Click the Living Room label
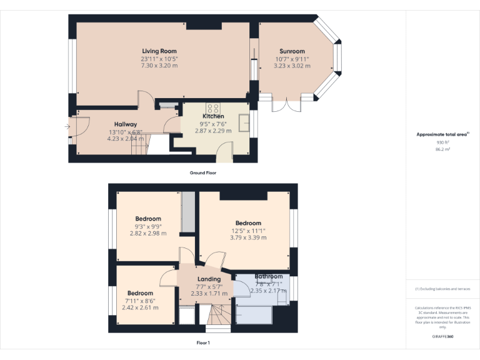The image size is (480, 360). tap(159, 51)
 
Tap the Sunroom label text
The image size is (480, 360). tap(292, 51)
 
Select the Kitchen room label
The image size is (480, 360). tap(212, 116)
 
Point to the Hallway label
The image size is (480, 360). tap(125, 124)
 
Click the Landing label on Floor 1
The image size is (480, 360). tap(209, 279)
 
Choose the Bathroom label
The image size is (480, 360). tap(268, 276)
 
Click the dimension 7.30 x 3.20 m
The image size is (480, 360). tap(159, 66)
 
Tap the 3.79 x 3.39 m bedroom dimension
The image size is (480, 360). tap(248, 237)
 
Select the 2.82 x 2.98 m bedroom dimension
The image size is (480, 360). tap(148, 233)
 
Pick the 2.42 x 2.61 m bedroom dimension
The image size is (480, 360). tap(140, 307)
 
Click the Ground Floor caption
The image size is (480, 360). tap(203, 172)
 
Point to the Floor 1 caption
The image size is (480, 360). tap(203, 342)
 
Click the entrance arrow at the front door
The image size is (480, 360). tap(67, 127)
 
